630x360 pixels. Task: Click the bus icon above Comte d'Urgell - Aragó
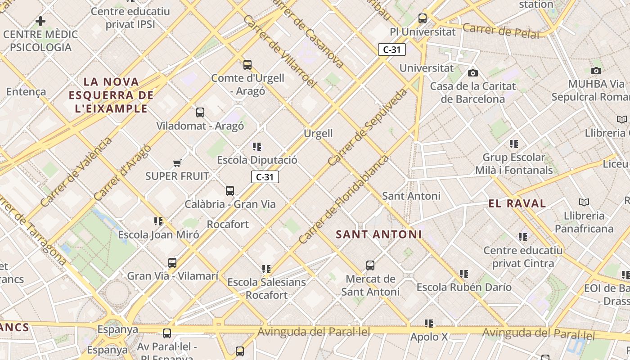click(247, 65)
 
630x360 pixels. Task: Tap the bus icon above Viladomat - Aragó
click(200, 112)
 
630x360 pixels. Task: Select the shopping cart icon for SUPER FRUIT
click(177, 163)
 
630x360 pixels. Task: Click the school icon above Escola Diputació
click(257, 146)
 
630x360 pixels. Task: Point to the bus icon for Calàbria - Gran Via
click(230, 191)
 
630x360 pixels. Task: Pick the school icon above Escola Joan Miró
click(158, 221)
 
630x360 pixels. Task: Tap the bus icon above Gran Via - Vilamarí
click(172, 263)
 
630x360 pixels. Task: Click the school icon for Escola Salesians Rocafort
click(266, 269)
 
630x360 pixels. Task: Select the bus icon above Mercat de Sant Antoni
click(370, 265)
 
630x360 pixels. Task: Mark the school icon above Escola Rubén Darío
click(464, 274)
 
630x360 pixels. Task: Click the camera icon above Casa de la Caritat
click(472, 73)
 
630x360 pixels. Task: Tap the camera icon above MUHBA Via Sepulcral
click(596, 71)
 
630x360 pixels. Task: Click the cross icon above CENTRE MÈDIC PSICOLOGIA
click(40, 21)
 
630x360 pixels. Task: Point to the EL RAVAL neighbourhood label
click(517, 203)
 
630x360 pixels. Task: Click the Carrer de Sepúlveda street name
click(367, 127)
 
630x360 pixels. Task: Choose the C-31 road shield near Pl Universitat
click(392, 49)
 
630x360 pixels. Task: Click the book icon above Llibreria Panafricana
click(584, 202)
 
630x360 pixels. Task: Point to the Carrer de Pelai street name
click(500, 31)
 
